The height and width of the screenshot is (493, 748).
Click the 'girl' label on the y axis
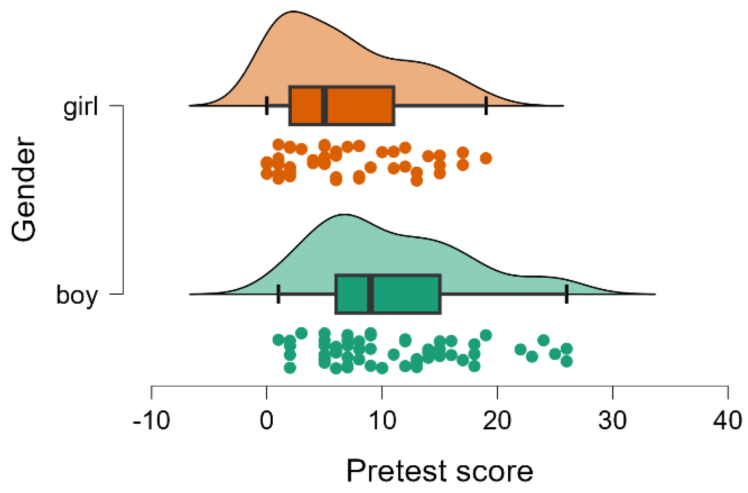coord(81,107)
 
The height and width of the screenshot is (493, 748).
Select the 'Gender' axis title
coord(24,189)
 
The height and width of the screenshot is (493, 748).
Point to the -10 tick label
coord(151,420)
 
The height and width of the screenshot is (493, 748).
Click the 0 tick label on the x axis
coord(267,420)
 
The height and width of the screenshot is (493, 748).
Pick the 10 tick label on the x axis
coord(382,420)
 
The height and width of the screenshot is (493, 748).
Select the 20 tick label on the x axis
coord(497,420)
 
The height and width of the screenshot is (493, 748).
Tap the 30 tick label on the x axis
coord(613,420)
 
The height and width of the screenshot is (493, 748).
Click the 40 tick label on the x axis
coord(728,420)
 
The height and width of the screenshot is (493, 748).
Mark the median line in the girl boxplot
coord(324,106)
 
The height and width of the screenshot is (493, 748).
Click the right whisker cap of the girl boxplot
coord(486,106)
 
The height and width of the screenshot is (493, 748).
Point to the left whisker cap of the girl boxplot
coord(267,106)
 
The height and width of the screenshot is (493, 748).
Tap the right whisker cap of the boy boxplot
coord(567,294)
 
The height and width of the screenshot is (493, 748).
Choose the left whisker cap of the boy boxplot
coord(278,294)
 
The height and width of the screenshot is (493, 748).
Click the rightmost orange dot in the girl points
coord(486,158)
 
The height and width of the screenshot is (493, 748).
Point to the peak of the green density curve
coord(344,215)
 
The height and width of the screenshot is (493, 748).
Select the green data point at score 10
coord(382,368)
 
